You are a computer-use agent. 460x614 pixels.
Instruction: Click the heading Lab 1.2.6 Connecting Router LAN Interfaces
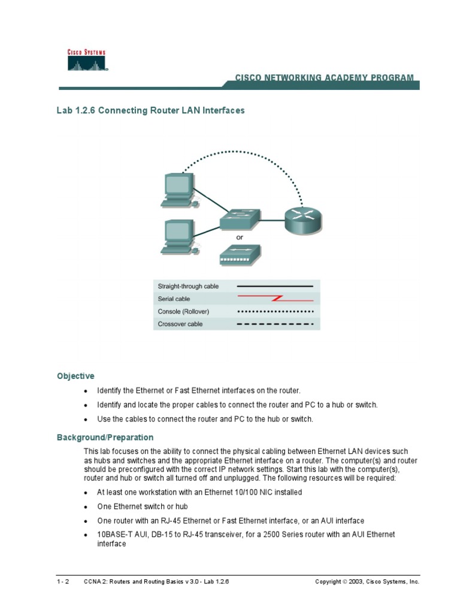(x=150, y=111)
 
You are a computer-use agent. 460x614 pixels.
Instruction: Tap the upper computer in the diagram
(x=178, y=191)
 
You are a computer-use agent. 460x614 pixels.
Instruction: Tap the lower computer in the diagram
(x=178, y=237)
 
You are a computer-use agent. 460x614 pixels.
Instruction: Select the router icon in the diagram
(x=303, y=219)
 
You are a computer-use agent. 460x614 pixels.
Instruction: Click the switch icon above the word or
(x=240, y=220)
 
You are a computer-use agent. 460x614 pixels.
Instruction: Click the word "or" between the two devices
(x=240, y=237)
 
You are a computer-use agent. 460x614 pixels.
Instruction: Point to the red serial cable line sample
(x=275, y=298)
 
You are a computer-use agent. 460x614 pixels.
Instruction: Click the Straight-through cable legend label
(x=188, y=286)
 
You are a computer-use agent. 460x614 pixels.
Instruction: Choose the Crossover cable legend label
(x=180, y=324)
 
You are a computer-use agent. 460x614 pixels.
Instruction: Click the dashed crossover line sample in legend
(x=275, y=324)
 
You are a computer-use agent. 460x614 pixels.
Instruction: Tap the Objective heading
(x=75, y=376)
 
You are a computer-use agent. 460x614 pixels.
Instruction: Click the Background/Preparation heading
(x=105, y=437)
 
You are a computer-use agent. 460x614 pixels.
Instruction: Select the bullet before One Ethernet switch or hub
(x=86, y=507)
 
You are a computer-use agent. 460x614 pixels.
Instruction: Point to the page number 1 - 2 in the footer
(x=63, y=582)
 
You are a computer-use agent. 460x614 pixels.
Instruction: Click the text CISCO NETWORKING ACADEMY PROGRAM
(x=323, y=77)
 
